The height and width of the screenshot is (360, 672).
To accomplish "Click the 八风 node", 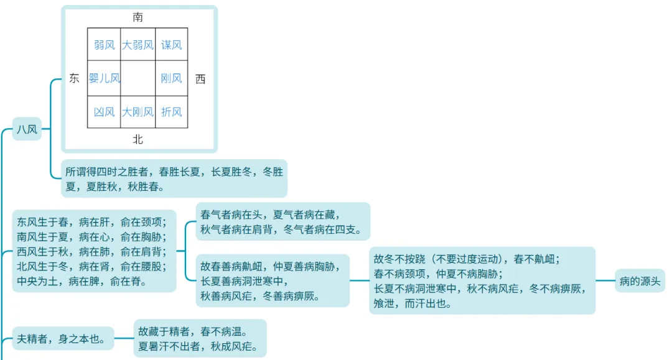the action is pos(27,129).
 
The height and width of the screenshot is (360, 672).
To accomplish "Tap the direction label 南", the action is pos(138,17).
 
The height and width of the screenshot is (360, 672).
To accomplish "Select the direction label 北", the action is pos(138,139).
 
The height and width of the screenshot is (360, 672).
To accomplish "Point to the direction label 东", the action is pos(74,78).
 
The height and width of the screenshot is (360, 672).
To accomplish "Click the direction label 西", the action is pos(200,78).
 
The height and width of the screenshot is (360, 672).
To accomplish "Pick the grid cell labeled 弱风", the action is pos(104,45).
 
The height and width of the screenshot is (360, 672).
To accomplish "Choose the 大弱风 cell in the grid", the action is pos(138,45).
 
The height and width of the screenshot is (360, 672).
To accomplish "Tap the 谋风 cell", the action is pos(171,45).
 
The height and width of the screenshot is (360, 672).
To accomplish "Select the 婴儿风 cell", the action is pos(104,78).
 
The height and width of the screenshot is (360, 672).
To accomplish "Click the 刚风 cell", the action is pos(171,78).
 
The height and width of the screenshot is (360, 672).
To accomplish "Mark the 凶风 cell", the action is pos(104,112).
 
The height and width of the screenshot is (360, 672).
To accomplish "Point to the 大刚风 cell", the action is pos(138,112).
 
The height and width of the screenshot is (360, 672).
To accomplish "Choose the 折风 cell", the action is pos(171,112).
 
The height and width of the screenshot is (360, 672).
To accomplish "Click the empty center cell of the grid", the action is pos(138,78).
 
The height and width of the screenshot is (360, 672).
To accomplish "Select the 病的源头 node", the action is pos(640,280).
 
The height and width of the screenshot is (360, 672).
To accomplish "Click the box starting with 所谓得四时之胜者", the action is pos(174,178).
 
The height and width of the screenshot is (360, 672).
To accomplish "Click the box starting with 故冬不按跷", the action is pos(482,280).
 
